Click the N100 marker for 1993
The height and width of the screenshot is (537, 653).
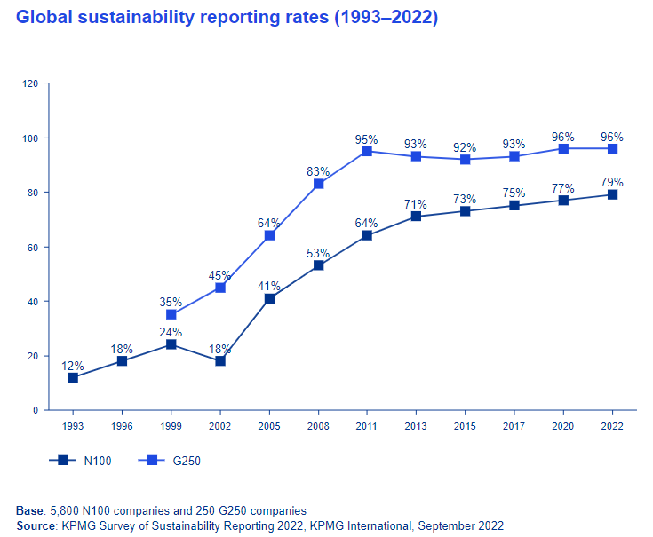[73, 377]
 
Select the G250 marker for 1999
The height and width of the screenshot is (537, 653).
[171, 314]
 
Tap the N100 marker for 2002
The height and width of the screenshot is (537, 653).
[220, 361]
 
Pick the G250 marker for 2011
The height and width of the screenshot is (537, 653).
[367, 151]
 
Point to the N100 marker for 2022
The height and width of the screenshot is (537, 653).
[612, 194]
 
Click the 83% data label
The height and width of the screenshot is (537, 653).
[318, 171]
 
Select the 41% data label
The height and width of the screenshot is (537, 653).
[269, 286]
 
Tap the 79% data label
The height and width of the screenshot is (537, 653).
[612, 182]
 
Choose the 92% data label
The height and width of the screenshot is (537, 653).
[466, 147]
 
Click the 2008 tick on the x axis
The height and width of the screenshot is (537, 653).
[318, 426]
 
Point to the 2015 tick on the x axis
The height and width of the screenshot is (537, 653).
[466, 426]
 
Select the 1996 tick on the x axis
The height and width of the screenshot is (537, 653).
[122, 426]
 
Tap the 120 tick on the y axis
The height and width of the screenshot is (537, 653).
[30, 83]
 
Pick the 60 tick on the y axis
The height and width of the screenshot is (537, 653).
[33, 247]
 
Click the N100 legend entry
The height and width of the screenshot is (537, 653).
[80, 461]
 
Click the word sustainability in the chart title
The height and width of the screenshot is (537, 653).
[133, 18]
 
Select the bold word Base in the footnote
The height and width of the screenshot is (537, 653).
[29, 510]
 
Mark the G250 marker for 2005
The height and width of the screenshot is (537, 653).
[269, 235]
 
